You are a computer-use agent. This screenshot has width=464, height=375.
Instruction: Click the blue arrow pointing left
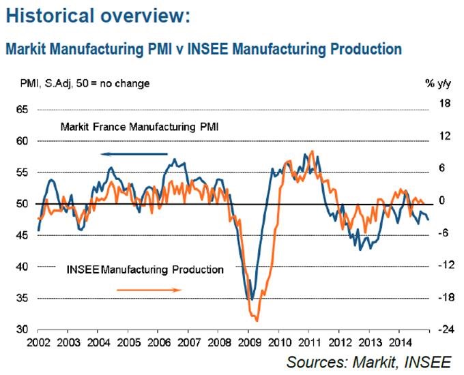click(136, 154)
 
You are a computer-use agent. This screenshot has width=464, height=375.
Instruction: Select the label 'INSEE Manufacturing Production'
click(145, 270)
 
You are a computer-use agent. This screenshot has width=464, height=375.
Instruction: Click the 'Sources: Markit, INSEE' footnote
click(373, 361)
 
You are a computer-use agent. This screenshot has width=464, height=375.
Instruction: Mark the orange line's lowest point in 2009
click(257, 320)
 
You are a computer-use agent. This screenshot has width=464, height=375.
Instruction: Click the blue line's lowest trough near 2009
click(251, 299)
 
